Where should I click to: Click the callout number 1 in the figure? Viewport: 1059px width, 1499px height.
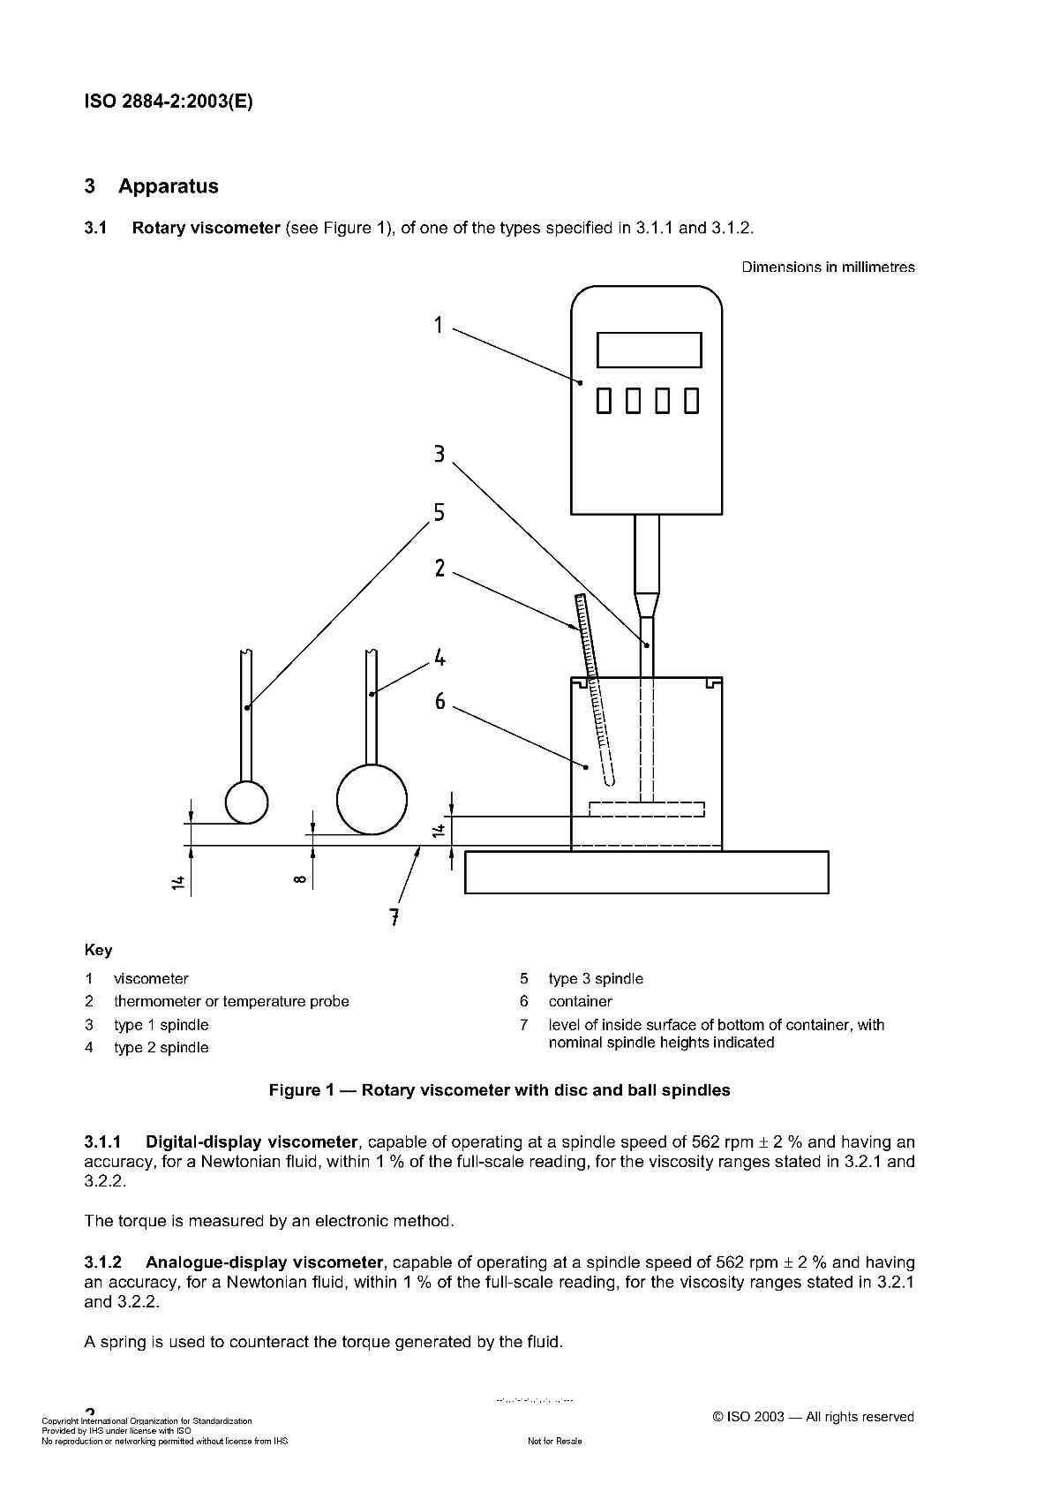click(x=439, y=326)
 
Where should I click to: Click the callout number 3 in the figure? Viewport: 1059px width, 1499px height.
click(x=439, y=455)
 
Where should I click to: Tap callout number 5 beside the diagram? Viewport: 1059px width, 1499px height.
click(x=439, y=513)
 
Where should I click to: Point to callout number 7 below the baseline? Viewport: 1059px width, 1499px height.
click(x=395, y=917)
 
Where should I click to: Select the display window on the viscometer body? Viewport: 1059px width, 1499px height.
click(x=649, y=350)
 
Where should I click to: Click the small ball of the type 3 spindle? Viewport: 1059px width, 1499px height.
click(x=247, y=802)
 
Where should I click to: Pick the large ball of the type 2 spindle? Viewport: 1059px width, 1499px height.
click(x=372, y=800)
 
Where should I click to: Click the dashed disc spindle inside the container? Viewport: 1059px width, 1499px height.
click(x=647, y=809)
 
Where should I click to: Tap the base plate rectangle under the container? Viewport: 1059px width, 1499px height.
click(x=646, y=872)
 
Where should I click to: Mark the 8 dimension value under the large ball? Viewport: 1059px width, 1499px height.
click(x=300, y=879)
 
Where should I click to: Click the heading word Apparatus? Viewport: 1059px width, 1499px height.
click(x=169, y=186)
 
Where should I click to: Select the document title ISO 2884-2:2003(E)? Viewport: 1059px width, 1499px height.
click(x=169, y=102)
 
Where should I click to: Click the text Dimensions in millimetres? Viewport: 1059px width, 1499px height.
click(x=828, y=267)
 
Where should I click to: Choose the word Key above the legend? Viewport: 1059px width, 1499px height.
click(x=98, y=950)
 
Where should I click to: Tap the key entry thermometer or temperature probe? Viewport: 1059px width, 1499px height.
click(x=231, y=1001)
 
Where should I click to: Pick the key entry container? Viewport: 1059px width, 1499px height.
click(x=580, y=1001)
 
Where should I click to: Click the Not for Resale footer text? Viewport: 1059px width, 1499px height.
click(x=554, y=1442)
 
